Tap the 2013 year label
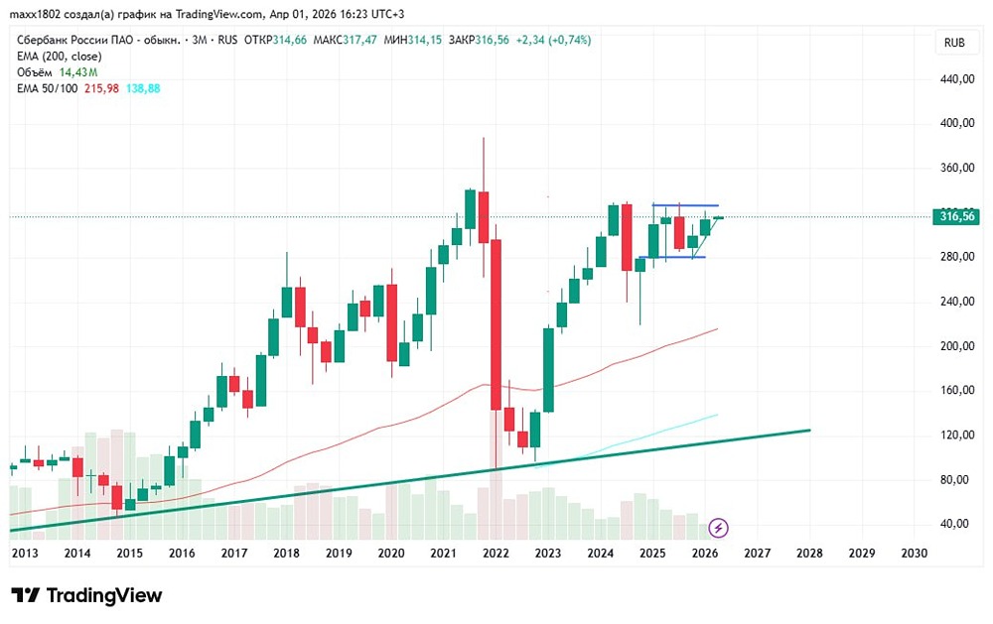click(26, 553)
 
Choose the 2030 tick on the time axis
click(914, 553)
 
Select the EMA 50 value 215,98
click(98, 88)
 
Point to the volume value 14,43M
click(78, 72)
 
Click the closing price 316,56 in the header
click(492, 40)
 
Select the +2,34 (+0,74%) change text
click(554, 40)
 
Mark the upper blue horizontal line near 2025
click(685, 205)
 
